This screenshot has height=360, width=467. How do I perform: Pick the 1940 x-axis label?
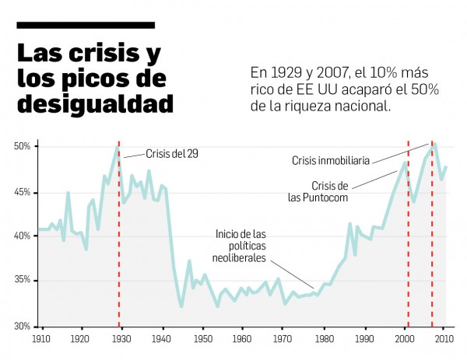click(x=162, y=340)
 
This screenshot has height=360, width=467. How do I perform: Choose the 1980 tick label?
click(x=324, y=340)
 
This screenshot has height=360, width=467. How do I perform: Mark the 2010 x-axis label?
click(x=444, y=340)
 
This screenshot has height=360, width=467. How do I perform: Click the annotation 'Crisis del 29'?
click(x=172, y=154)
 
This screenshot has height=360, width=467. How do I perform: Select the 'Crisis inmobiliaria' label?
click(x=332, y=161)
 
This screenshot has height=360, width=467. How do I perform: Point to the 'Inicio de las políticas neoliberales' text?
click(x=242, y=246)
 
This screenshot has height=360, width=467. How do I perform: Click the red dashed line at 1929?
click(x=119, y=233)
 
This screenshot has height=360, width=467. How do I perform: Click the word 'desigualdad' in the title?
click(x=95, y=103)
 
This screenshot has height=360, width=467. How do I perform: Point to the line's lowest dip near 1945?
click(x=181, y=306)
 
